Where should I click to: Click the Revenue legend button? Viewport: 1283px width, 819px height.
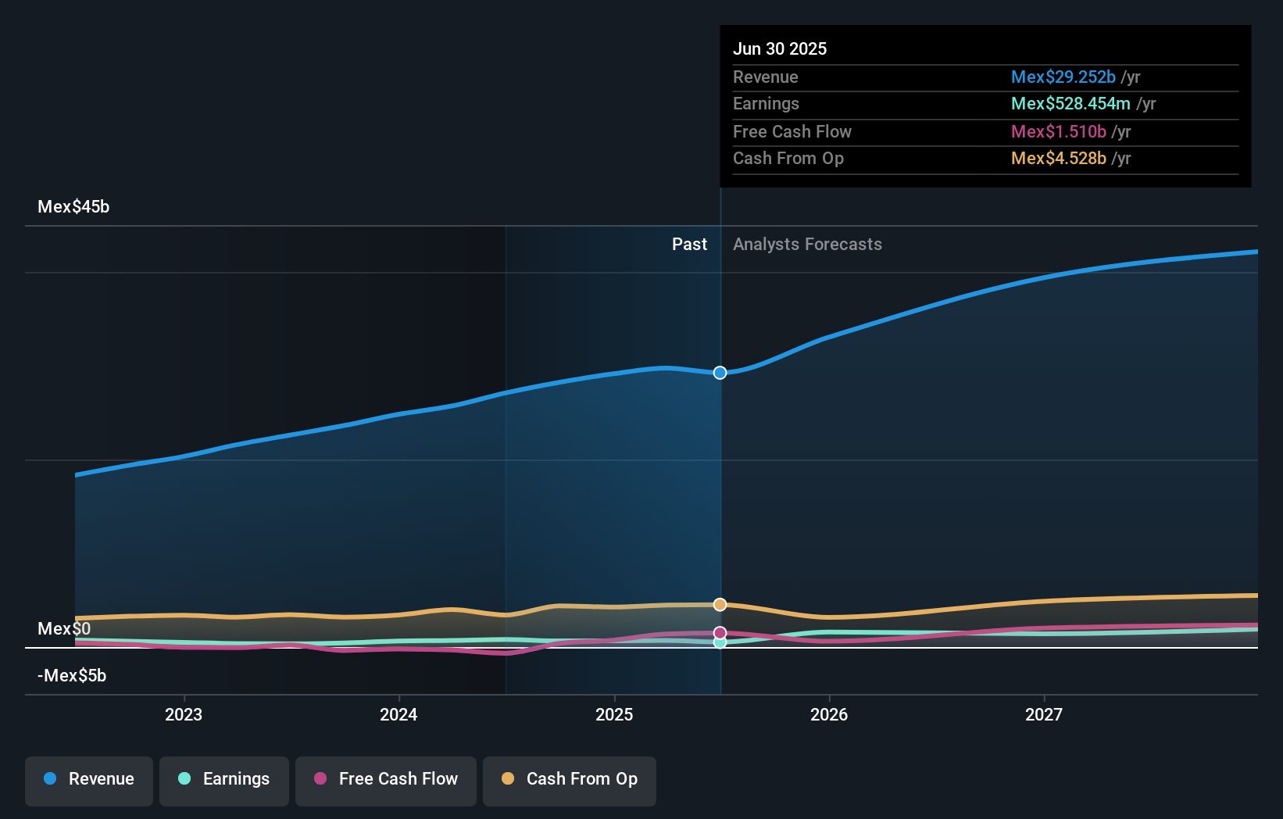pyautogui.click(x=89, y=779)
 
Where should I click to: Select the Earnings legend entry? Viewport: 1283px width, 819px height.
pyautogui.click(x=224, y=779)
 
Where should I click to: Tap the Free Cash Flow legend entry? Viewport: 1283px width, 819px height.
pyautogui.click(x=386, y=779)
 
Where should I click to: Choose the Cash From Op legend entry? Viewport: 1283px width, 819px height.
pyautogui.click(x=570, y=779)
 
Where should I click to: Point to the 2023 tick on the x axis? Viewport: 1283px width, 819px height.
pyautogui.click(x=184, y=714)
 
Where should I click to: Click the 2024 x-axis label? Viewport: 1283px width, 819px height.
pyautogui.click(x=398, y=714)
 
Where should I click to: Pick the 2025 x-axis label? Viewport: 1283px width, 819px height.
pyautogui.click(x=614, y=714)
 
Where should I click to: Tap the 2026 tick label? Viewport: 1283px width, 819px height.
pyautogui.click(x=829, y=714)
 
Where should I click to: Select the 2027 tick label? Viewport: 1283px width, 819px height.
pyautogui.click(x=1044, y=714)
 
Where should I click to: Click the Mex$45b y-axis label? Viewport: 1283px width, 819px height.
pyautogui.click(x=73, y=207)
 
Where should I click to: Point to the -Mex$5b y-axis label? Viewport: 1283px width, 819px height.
pyautogui.click(x=72, y=676)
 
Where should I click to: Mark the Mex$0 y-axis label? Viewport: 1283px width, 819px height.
pyautogui.click(x=64, y=629)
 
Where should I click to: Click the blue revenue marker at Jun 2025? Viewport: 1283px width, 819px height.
pyautogui.click(x=720, y=373)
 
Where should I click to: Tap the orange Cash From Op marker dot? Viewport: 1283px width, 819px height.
pyautogui.click(x=720, y=605)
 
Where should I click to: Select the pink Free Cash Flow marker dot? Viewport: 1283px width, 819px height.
pyautogui.click(x=720, y=632)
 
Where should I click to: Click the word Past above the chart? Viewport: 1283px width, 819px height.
pyautogui.click(x=689, y=245)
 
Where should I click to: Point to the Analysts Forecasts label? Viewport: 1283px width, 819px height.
pyautogui.click(x=807, y=245)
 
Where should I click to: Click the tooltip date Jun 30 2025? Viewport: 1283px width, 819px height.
pyautogui.click(x=780, y=49)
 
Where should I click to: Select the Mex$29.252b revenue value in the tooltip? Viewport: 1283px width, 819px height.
pyautogui.click(x=1063, y=77)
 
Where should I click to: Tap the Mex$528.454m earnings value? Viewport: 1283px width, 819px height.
pyautogui.click(x=1070, y=104)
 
